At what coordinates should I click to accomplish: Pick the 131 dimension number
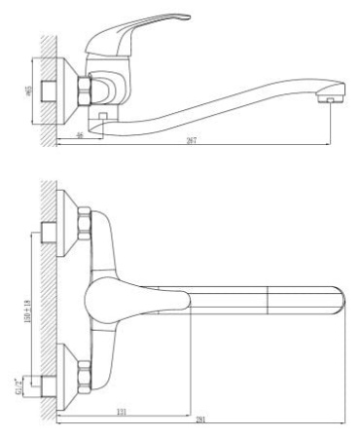[x=121, y=412]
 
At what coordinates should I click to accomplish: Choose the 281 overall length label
[x=199, y=421]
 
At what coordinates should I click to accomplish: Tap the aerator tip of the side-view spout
[x=332, y=98]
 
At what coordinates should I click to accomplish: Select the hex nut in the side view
[x=85, y=91]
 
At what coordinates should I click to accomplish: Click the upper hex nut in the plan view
[x=84, y=223]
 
